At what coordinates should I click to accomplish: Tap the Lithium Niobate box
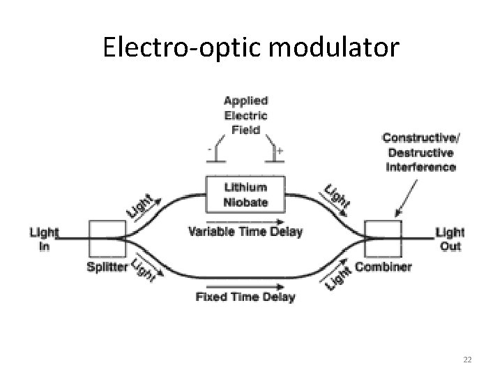[x=245, y=195]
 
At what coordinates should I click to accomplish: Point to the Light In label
[x=43, y=239]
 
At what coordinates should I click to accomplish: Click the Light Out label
[x=450, y=239]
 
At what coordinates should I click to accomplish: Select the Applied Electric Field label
[x=245, y=115]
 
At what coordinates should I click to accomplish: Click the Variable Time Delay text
[x=245, y=231]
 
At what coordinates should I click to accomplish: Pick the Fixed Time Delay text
[x=245, y=297]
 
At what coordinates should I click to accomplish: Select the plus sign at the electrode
[x=281, y=149]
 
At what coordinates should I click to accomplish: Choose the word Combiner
[x=383, y=267]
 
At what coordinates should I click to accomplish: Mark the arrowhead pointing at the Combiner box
[x=399, y=216]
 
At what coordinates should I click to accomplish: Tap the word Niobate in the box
[x=245, y=202]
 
